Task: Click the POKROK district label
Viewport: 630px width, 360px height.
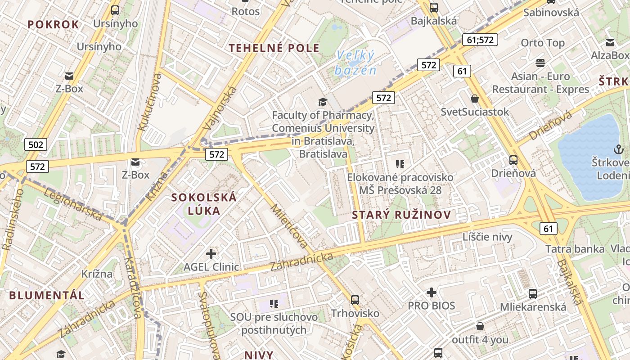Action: (53, 24)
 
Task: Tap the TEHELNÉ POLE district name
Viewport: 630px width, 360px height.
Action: (274, 48)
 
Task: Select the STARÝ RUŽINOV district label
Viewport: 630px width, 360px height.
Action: (401, 215)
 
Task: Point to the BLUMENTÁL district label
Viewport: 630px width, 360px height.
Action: (47, 295)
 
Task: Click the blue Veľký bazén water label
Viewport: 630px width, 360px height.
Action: (355, 63)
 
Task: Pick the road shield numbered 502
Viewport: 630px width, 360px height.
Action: (36, 144)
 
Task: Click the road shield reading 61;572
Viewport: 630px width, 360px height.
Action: (480, 40)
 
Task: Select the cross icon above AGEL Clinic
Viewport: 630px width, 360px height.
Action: (211, 254)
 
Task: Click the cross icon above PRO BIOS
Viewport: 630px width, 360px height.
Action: (431, 293)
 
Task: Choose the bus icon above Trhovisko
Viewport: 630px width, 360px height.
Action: (355, 300)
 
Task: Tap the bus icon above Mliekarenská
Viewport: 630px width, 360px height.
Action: (533, 294)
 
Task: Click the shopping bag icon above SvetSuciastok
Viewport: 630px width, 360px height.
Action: (475, 99)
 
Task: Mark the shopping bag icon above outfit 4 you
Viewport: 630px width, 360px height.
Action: (480, 326)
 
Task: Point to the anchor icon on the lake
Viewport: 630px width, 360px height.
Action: (618, 149)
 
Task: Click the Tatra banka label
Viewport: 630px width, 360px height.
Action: (575, 249)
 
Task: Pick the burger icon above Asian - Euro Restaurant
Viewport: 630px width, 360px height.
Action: (540, 63)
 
